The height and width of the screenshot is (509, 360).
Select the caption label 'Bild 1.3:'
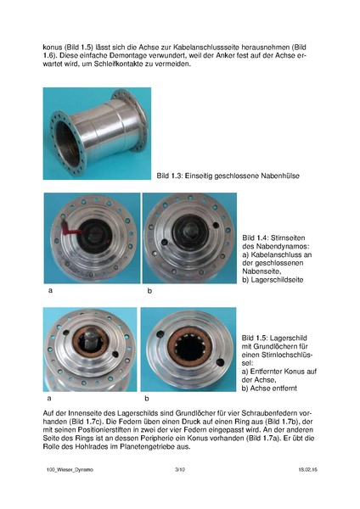[171, 176]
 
